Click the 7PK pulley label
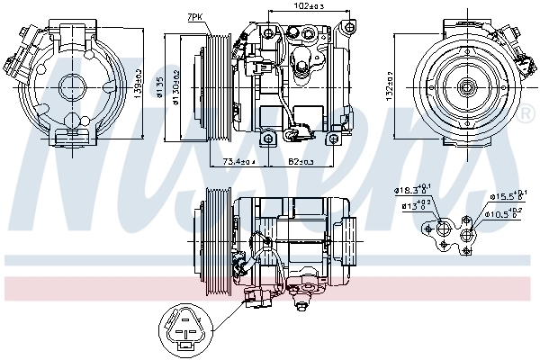point(194,17)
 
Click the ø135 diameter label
point(161,86)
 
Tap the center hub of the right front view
point(467,87)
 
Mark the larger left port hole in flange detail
point(445,231)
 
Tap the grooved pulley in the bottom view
point(216,241)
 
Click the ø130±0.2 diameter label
point(176,86)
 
